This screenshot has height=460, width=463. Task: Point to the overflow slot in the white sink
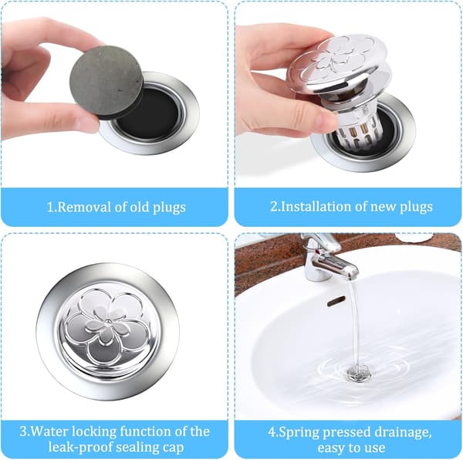pyautogui.click(x=336, y=301)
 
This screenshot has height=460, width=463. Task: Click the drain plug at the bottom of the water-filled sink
pyautogui.click(x=359, y=373)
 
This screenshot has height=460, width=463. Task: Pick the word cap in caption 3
pyautogui.click(x=172, y=448)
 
